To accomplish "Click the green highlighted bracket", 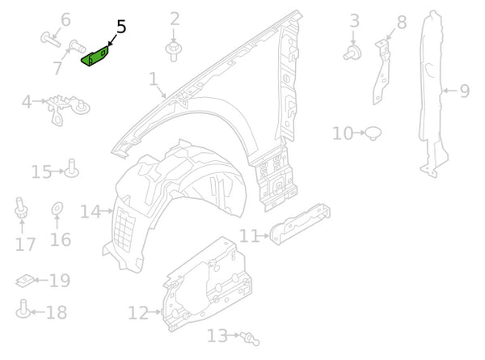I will point(98,57).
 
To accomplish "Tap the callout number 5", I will point(121,27).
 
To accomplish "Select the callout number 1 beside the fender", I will point(154,79).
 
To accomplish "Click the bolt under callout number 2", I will point(173,51).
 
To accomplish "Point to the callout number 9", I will point(464,91).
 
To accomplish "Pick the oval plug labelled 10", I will point(373,131).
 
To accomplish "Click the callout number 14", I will point(89,212).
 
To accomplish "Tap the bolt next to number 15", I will point(71,169).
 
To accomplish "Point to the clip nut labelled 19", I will point(26,282).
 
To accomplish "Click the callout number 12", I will point(137,312).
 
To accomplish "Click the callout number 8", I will point(402,23).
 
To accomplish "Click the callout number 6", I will point(65,19).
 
